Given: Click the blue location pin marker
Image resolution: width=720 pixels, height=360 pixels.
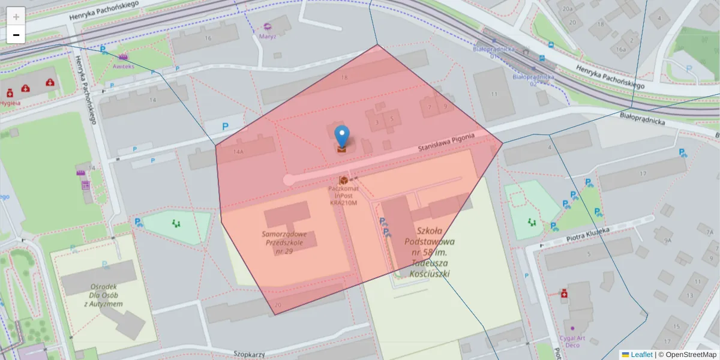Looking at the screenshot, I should click(x=341, y=136).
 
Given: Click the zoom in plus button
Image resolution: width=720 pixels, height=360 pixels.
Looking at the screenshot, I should click(x=16, y=17).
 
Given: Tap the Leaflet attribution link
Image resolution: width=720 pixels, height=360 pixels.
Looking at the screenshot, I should click(x=641, y=355).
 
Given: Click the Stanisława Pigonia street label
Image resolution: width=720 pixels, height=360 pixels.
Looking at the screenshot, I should click(x=446, y=143).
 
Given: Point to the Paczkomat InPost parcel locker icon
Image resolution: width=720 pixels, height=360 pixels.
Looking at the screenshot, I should click(x=344, y=180).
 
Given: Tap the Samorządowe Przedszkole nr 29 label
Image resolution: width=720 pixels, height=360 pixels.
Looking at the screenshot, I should click(x=284, y=242).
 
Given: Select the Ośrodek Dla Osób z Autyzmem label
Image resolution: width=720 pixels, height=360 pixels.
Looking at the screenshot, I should click(x=103, y=295).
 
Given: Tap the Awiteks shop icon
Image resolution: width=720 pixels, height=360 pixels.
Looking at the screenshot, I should click(x=123, y=57).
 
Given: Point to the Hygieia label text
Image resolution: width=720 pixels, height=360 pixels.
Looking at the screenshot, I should click(x=10, y=103).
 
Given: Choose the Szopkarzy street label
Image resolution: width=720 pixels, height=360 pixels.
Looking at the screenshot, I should click(x=249, y=354).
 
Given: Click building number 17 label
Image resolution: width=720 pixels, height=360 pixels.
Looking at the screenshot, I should click(x=643, y=174).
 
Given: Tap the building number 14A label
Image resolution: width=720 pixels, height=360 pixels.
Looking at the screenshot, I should click(x=239, y=152).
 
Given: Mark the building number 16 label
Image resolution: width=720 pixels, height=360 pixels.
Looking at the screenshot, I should click(x=208, y=38).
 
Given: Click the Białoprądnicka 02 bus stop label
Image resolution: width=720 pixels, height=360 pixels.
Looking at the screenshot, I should click(x=526, y=80).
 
